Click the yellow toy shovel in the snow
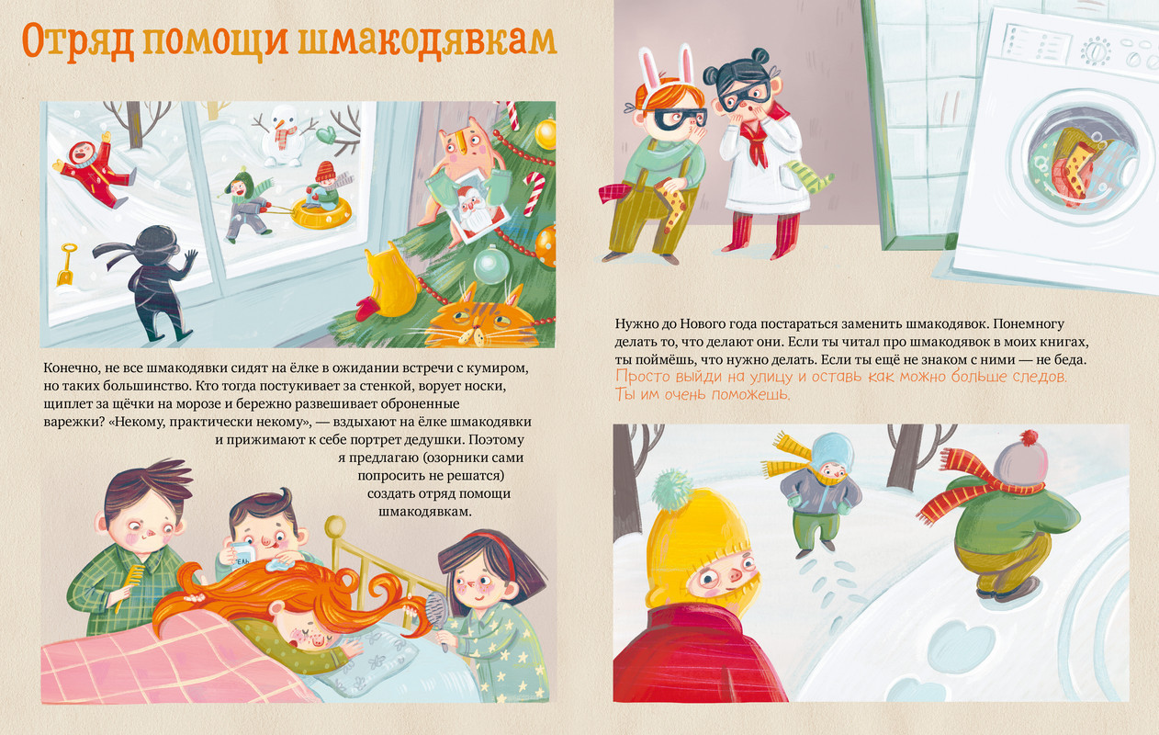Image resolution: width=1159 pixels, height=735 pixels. pyautogui.click(x=67, y=264)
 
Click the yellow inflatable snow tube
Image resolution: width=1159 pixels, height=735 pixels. pyautogui.click(x=321, y=211)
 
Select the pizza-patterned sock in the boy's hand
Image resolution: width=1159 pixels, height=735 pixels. pyautogui.click(x=671, y=206)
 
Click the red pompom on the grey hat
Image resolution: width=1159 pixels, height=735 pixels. pyautogui.click(x=1030, y=439)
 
